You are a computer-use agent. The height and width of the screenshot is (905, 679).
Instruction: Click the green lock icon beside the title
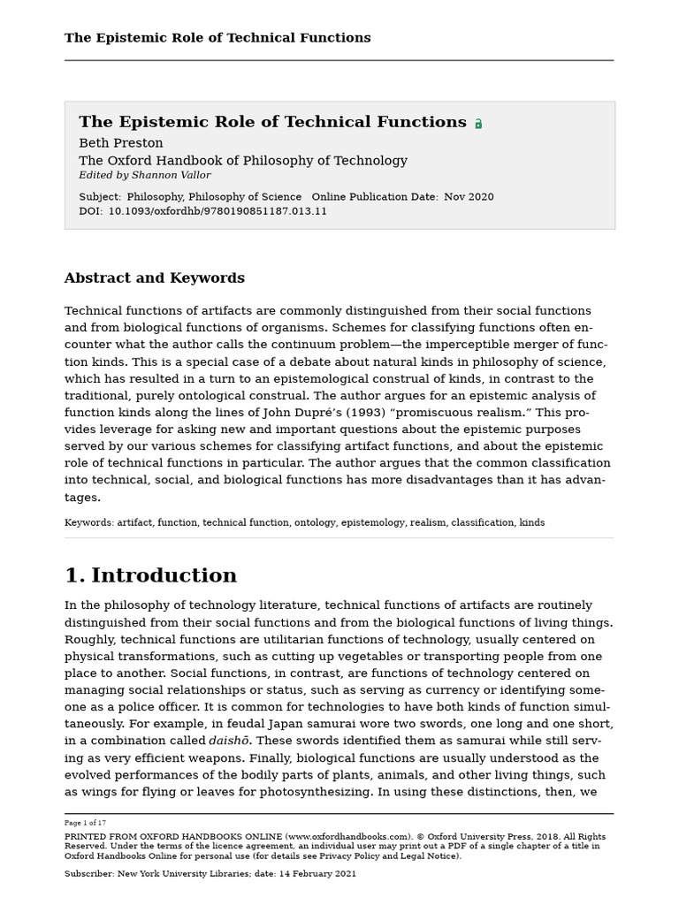tap(478, 125)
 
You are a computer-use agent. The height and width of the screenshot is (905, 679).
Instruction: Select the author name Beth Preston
tap(121, 143)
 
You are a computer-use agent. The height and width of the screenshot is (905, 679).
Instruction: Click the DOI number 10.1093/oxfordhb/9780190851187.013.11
tap(217, 211)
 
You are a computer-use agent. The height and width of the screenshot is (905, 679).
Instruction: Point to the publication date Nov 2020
tap(469, 197)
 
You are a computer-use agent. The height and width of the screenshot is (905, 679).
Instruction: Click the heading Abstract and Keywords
tap(155, 278)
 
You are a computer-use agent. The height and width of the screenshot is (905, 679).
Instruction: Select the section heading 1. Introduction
tap(150, 576)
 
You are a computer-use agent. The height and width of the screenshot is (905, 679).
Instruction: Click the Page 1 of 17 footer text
tap(86, 822)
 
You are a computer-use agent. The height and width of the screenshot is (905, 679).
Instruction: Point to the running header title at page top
tap(217, 38)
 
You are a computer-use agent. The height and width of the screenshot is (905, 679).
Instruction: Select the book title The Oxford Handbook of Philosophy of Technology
tap(243, 161)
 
